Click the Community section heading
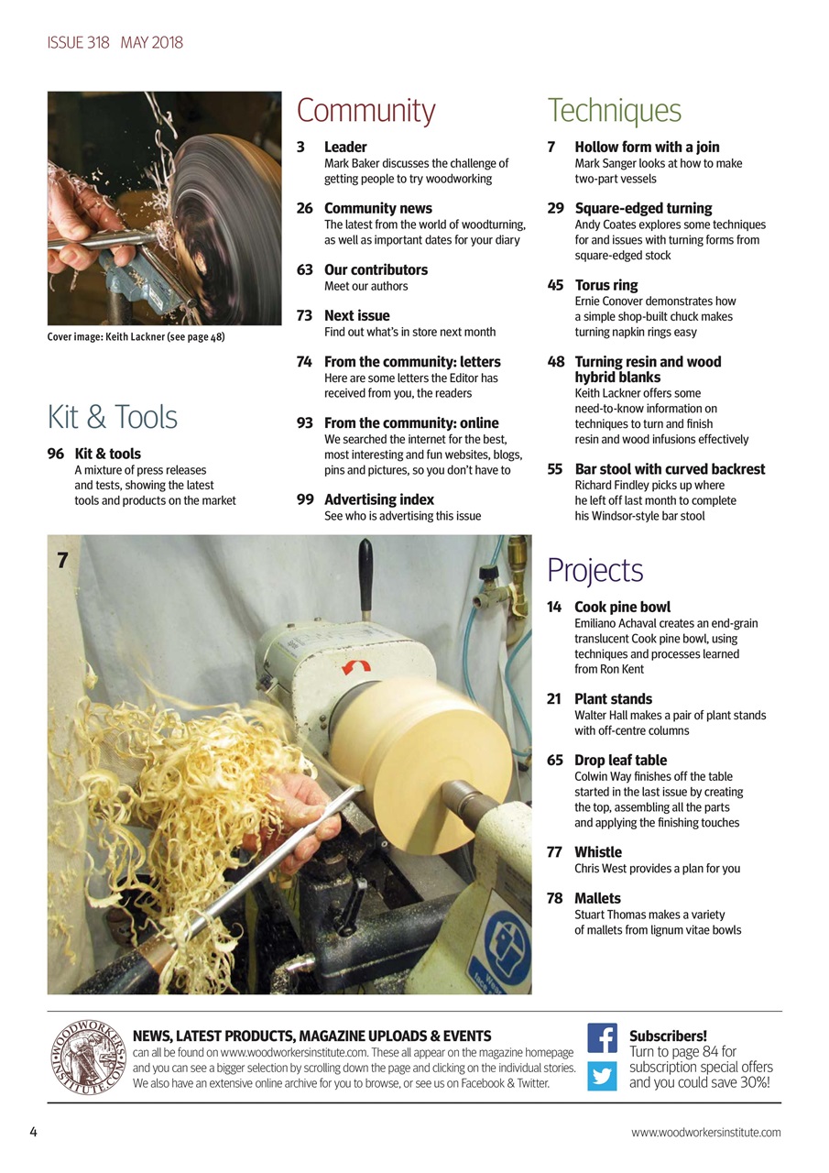tap(365, 111)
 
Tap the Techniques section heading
tap(614, 111)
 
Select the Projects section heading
tap(594, 570)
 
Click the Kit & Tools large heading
tap(112, 418)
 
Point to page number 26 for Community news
tap(305, 209)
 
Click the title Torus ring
tap(605, 285)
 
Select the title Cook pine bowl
tap(622, 607)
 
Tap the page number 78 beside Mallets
tap(554, 898)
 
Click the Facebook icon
tap(602, 1038)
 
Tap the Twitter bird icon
tap(602, 1075)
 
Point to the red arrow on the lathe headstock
tap(355, 667)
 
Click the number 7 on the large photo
tap(62, 560)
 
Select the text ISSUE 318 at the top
tap(79, 43)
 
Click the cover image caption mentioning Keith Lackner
tap(136, 337)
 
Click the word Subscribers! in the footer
tap(668, 1036)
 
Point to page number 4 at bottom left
tap(33, 1132)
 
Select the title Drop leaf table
tap(620, 760)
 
